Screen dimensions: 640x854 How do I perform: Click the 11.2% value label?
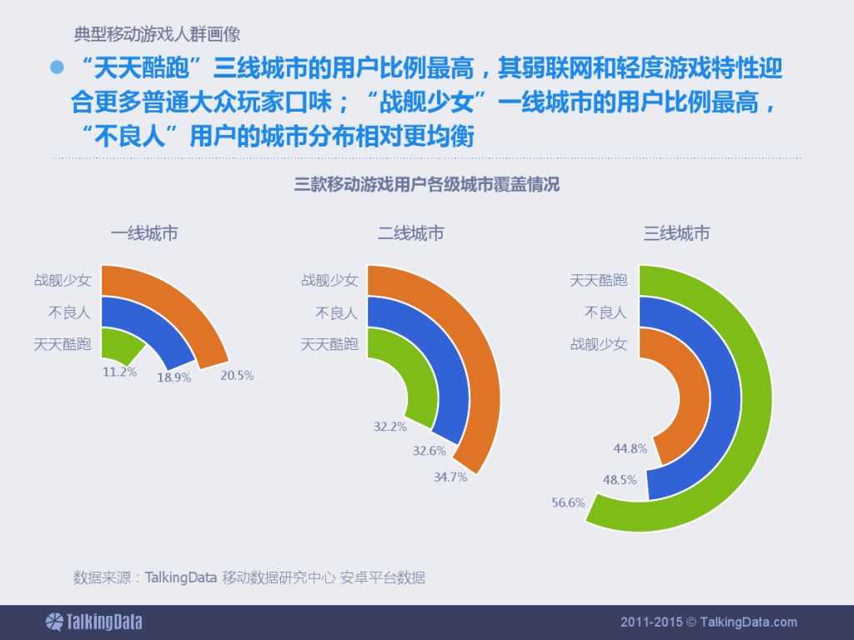tap(119, 372)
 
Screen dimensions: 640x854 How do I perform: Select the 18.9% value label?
tap(174, 377)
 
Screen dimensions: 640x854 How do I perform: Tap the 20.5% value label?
tap(237, 376)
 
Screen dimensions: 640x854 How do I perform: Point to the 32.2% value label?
tap(389, 427)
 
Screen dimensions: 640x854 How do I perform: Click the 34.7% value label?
tap(450, 477)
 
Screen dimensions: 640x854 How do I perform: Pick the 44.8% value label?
tap(630, 448)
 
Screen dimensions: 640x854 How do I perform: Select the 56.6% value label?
tap(568, 502)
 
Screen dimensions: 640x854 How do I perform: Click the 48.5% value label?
tap(620, 480)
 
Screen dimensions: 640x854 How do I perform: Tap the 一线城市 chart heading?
tap(144, 234)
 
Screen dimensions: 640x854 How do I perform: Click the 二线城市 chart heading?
tap(410, 234)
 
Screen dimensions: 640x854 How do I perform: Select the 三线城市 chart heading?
tap(676, 234)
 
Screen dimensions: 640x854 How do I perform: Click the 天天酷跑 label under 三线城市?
tap(598, 281)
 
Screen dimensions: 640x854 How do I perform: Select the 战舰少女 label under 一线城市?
tap(63, 281)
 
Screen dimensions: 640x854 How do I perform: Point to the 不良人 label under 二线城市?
tap(336, 312)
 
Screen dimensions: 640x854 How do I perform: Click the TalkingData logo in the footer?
tap(93, 622)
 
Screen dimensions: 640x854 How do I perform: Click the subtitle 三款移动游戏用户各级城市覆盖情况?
tap(426, 185)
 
